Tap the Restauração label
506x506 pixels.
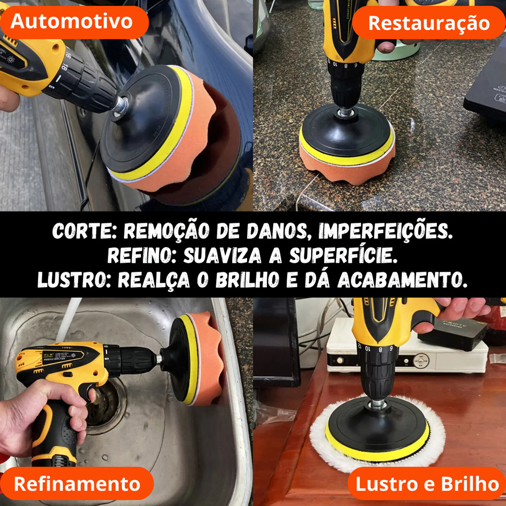429,23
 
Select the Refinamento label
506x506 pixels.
77,483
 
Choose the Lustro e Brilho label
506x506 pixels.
427,483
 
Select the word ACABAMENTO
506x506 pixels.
402,280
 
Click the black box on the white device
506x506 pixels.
452,335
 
